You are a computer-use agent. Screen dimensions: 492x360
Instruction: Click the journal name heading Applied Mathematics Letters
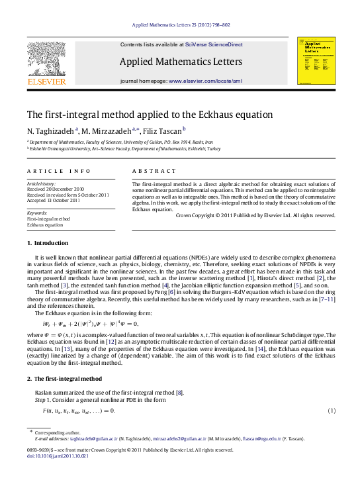tap(181, 62)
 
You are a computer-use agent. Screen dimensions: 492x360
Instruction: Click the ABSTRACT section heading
tap(150, 171)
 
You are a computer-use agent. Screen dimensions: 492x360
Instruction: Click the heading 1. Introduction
tap(46, 243)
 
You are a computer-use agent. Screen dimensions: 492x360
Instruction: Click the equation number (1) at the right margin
tap(332, 411)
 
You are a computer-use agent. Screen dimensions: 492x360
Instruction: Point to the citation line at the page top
tap(181, 25)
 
